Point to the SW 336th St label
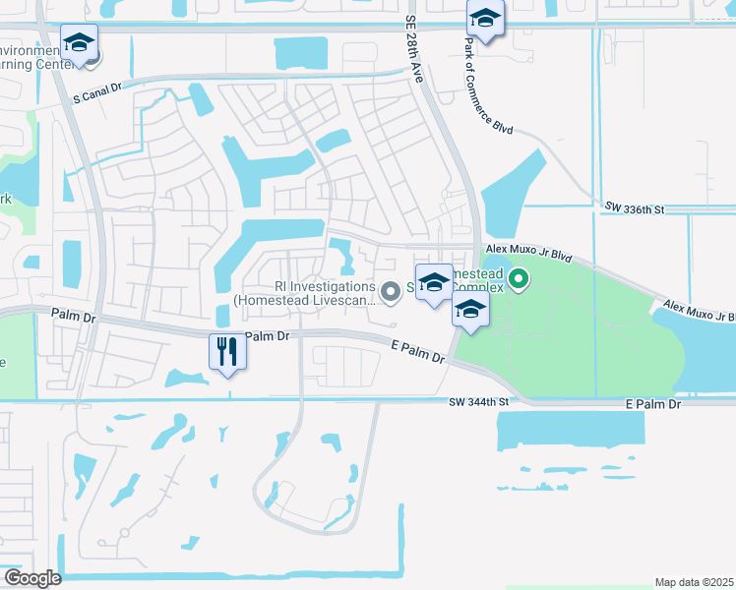point(635,208)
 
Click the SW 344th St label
point(479,402)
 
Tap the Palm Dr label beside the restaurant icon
point(268,336)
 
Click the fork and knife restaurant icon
point(227,351)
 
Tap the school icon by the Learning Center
point(79,42)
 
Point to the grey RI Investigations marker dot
point(391,290)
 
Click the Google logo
point(32,577)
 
